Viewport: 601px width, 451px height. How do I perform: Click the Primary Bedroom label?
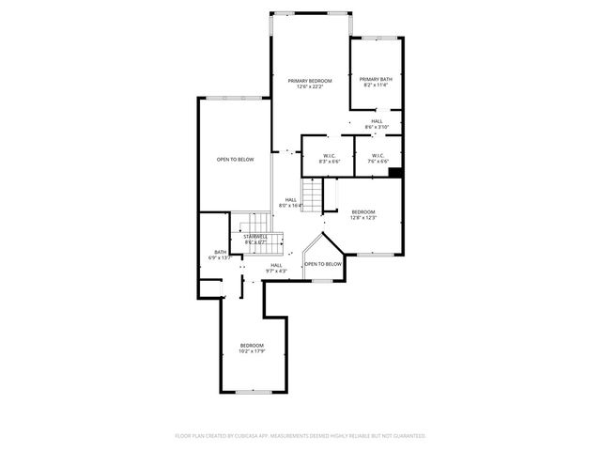click(x=310, y=81)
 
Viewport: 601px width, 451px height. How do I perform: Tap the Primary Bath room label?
click(x=375, y=79)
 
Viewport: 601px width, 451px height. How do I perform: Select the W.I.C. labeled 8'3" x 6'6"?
click(x=330, y=156)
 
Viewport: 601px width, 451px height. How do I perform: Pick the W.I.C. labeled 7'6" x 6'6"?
click(x=378, y=156)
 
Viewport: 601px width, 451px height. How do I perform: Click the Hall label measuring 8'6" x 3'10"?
click(x=376, y=121)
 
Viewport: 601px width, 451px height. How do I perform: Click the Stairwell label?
click(x=255, y=237)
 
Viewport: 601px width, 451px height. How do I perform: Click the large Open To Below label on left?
click(x=235, y=160)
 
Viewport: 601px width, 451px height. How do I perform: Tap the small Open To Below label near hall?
click(x=322, y=265)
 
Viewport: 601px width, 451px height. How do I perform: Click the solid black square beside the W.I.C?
click(x=395, y=172)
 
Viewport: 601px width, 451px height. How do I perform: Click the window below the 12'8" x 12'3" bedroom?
click(x=373, y=255)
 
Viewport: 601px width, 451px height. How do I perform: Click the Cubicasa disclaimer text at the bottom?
click(x=300, y=436)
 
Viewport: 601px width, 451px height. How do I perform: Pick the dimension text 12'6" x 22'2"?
click(x=310, y=87)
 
